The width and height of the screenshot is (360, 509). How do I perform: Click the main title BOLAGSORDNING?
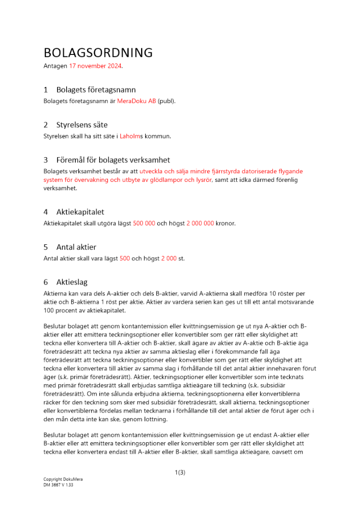98,53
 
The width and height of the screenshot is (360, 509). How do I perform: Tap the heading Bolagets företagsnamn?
96,90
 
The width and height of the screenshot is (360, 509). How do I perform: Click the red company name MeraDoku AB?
136,101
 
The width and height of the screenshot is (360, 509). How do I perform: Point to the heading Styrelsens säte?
82,125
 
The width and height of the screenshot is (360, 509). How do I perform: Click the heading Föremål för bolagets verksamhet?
113,160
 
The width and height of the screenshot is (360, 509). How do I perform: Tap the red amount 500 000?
144,223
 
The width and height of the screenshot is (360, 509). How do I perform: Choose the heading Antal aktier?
76,247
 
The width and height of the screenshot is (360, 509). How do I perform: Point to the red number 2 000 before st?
169,259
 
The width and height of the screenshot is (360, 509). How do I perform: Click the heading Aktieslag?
72,282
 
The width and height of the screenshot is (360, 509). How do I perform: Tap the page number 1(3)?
180,472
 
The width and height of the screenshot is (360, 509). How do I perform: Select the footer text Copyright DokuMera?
63,479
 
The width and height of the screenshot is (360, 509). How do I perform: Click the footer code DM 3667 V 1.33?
59,485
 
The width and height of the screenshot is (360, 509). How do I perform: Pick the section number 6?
46,282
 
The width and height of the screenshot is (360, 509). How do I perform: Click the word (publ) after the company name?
166,101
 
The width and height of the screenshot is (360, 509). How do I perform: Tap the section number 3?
46,160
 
